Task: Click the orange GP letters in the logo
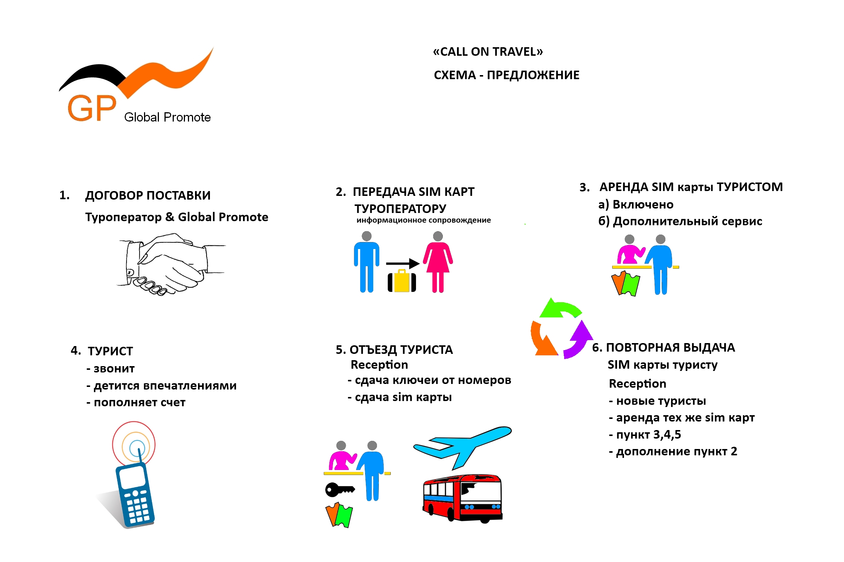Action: tap(92, 108)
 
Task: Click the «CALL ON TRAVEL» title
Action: tap(488, 52)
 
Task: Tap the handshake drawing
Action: tap(171, 264)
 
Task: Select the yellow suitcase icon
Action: tap(402, 281)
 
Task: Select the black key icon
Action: tap(339, 490)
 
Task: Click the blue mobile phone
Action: tap(135, 494)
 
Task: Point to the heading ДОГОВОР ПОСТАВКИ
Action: tap(148, 196)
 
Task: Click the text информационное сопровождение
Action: tap(423, 220)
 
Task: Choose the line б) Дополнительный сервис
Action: tap(680, 221)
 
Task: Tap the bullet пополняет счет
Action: tap(136, 403)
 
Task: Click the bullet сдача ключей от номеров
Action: tap(429, 380)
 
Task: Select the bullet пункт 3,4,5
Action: tap(645, 435)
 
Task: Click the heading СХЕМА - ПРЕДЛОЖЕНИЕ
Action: tap(506, 75)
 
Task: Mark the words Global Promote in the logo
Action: tap(167, 117)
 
